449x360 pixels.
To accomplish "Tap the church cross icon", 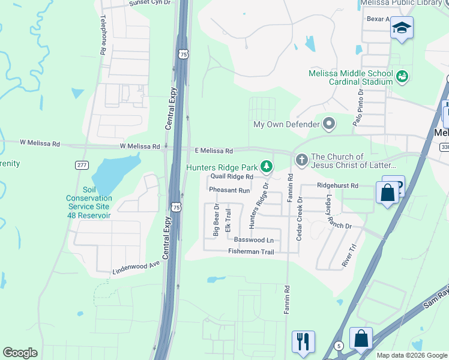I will click(x=301, y=160).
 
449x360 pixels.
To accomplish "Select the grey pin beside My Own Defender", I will click(x=328, y=124).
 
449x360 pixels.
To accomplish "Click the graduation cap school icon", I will click(x=401, y=28).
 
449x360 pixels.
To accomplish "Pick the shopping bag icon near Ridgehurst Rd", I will click(x=387, y=193).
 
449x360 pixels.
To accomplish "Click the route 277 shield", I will click(x=82, y=164).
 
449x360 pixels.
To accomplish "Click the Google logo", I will click(x=20, y=353).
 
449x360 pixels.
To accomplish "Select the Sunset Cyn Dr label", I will click(x=149, y=3).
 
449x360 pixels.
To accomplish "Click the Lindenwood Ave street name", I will click(x=136, y=268).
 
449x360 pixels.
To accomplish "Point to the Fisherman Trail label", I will click(x=251, y=252).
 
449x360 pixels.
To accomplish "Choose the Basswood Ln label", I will click(x=253, y=240).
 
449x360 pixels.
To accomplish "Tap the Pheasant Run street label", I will click(x=229, y=190).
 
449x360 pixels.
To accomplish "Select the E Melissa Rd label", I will click(x=213, y=151).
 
